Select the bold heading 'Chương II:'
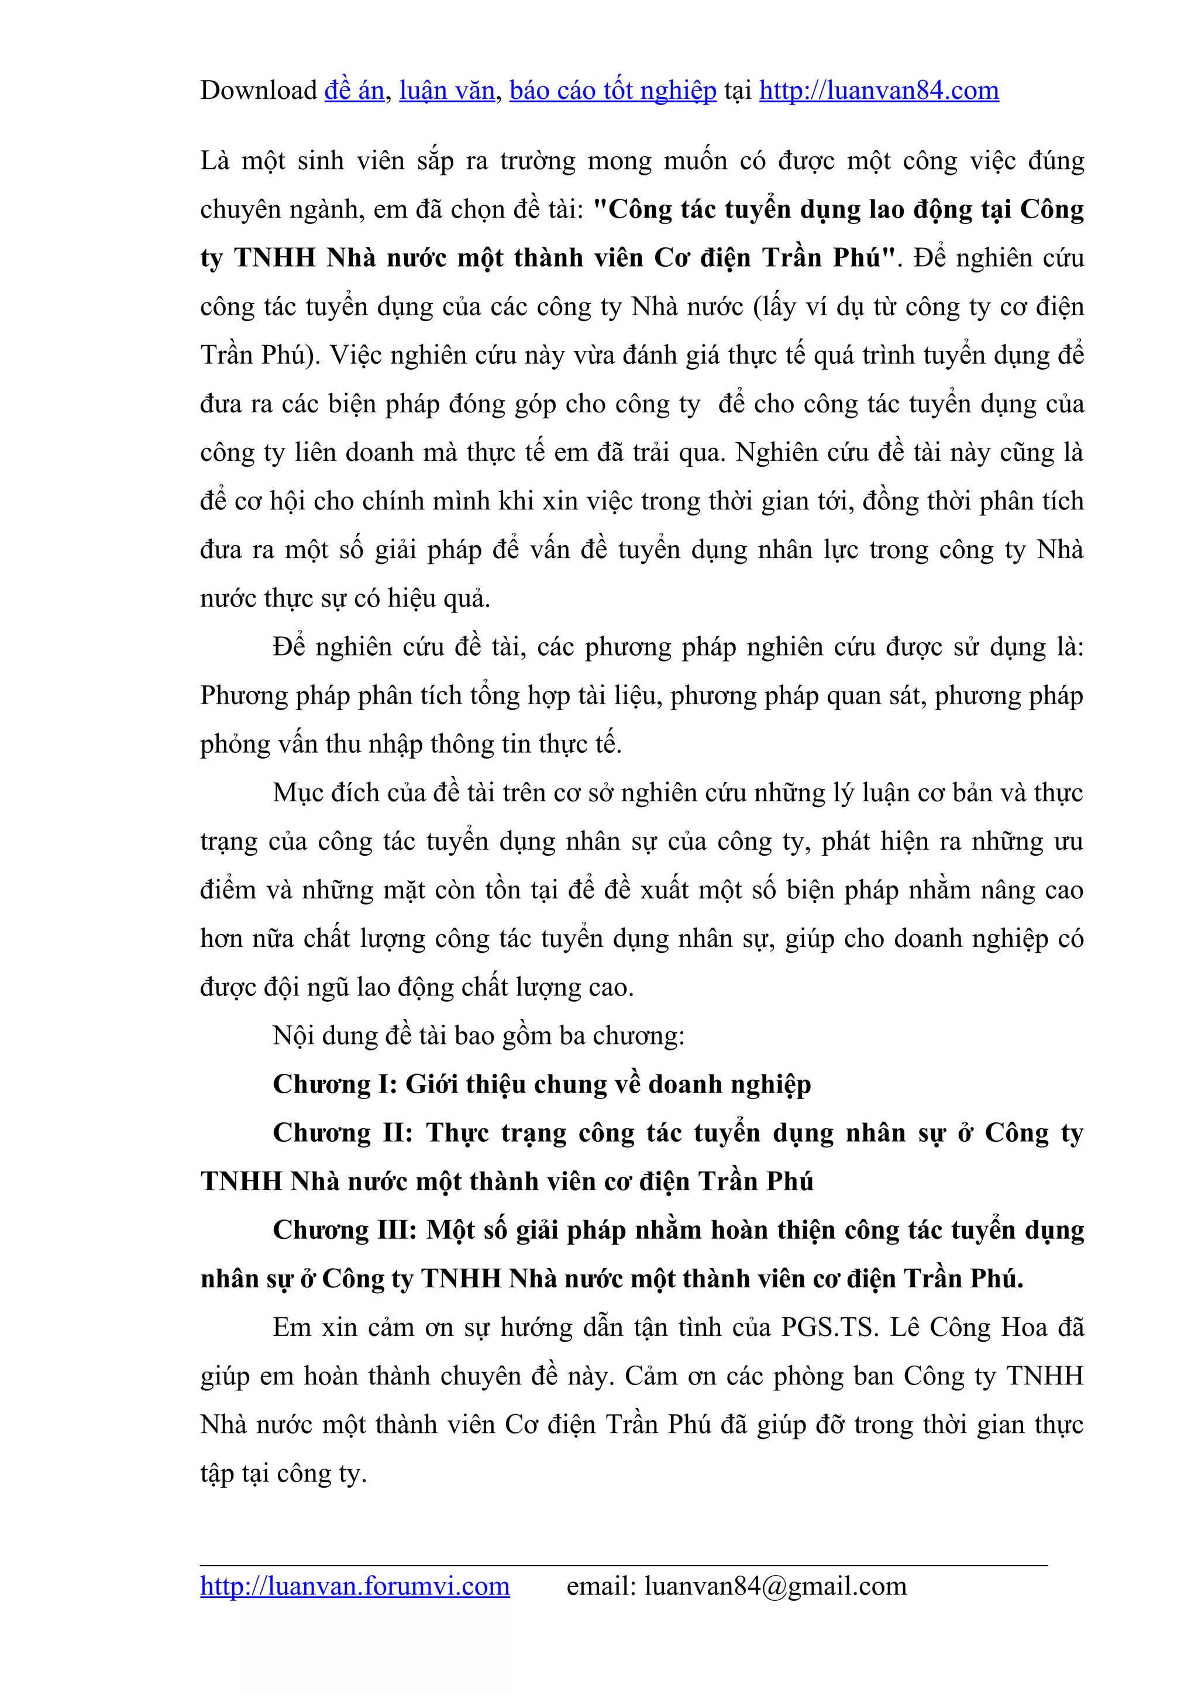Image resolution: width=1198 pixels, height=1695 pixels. (x=343, y=1133)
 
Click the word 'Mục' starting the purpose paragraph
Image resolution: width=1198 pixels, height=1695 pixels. (x=298, y=793)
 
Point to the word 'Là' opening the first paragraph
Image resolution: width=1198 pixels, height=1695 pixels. (x=215, y=160)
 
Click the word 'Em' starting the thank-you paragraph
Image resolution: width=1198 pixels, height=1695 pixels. (x=291, y=1327)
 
